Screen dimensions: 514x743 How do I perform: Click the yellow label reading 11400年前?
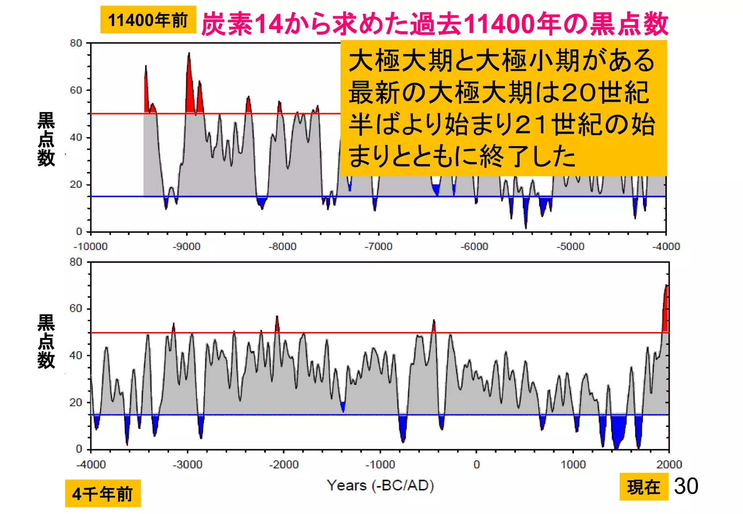point(148,20)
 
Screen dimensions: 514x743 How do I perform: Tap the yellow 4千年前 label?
point(103,494)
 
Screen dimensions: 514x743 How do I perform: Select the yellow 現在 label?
point(644,487)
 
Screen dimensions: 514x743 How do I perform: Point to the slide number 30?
point(686,486)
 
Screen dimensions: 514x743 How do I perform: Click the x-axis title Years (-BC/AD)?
point(380,485)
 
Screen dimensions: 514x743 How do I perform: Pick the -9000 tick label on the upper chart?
point(186,246)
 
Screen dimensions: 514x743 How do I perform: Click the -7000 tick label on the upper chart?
point(378,246)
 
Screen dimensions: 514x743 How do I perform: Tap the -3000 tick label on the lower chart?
point(187,464)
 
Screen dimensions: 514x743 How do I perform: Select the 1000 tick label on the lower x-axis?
point(573,464)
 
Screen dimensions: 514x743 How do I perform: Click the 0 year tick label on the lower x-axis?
point(476,464)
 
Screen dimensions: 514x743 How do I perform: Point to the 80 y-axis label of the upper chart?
point(76,43)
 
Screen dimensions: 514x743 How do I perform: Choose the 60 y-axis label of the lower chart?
point(76,308)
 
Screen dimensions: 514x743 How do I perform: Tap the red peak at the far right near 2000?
point(666,312)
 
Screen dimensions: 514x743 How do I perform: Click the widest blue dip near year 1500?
point(618,430)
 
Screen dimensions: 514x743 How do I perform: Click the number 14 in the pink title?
point(268,24)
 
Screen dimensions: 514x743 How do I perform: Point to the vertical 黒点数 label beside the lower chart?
point(46,341)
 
